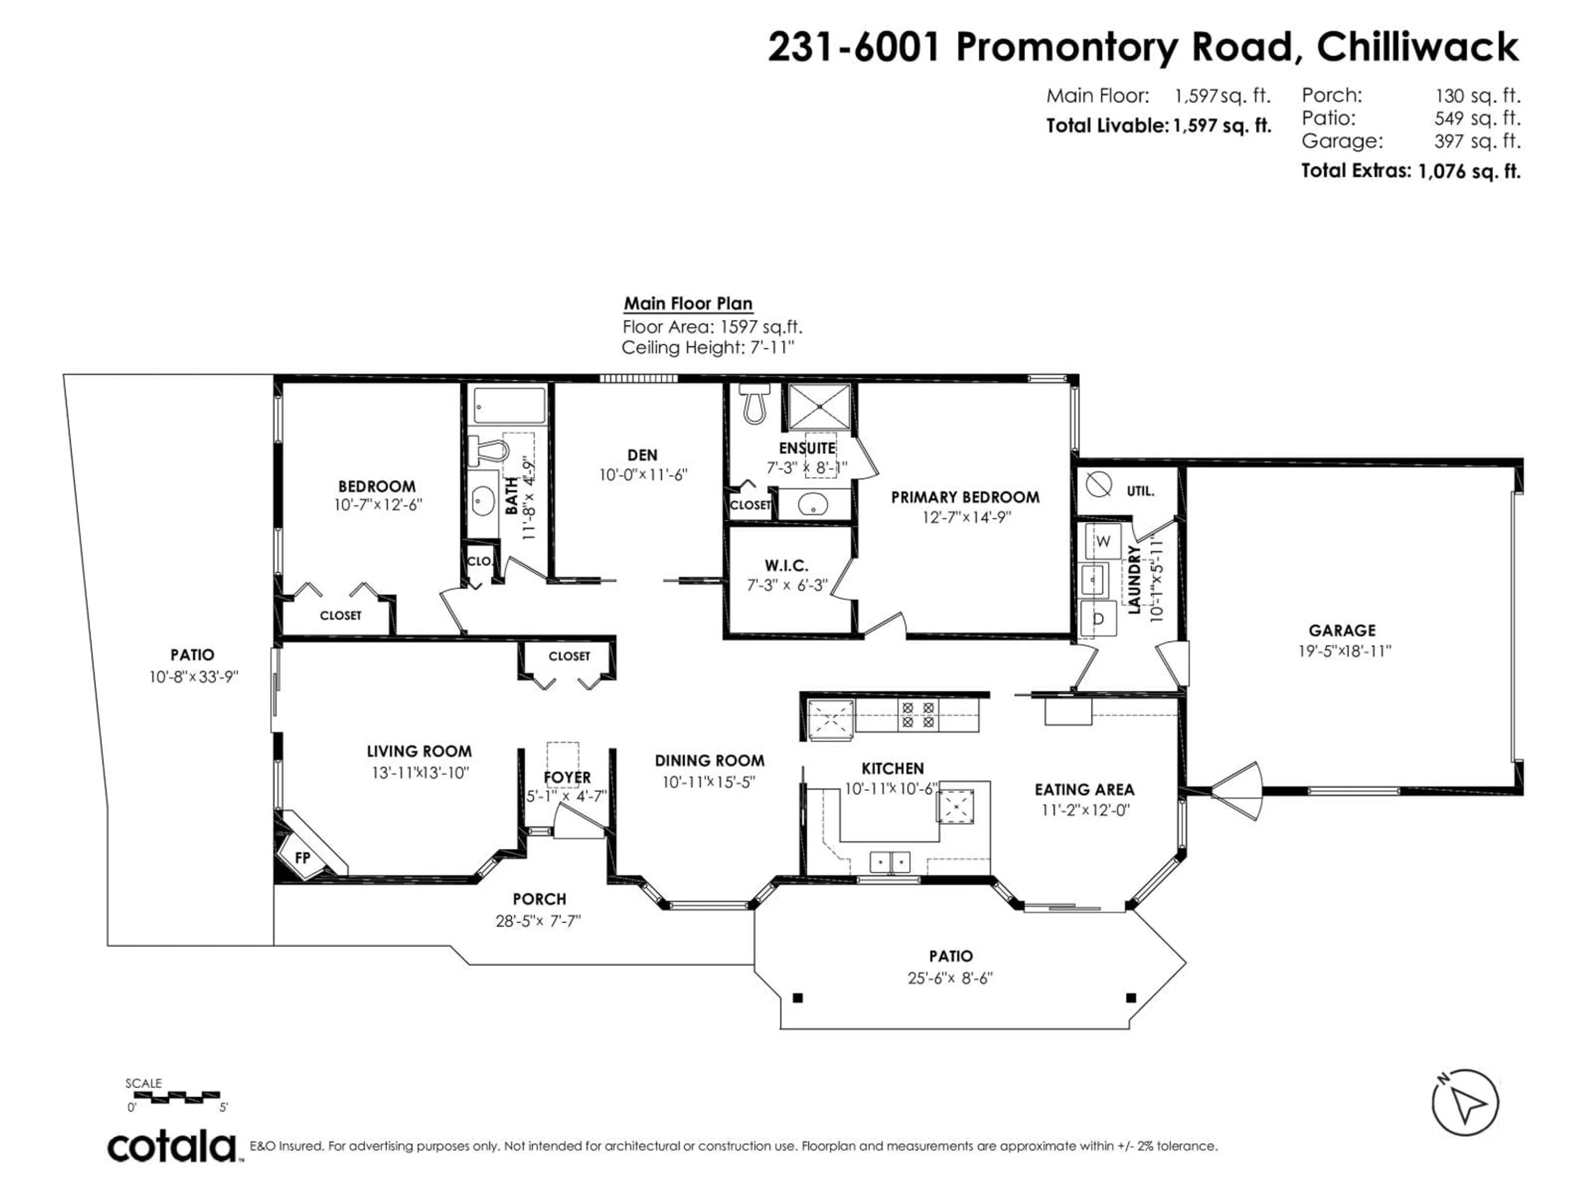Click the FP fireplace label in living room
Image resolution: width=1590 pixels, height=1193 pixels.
pos(303,858)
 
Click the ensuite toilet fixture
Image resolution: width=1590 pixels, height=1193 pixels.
pos(754,405)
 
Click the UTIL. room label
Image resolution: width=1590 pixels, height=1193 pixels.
pos(1140,492)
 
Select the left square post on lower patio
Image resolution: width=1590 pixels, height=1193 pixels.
pos(797,998)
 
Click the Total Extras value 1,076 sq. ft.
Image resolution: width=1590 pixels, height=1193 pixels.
pos(1469,171)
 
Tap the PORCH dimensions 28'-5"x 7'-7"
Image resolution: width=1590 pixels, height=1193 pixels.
pos(538,921)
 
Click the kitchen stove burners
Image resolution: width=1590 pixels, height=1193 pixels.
pos(918,715)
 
